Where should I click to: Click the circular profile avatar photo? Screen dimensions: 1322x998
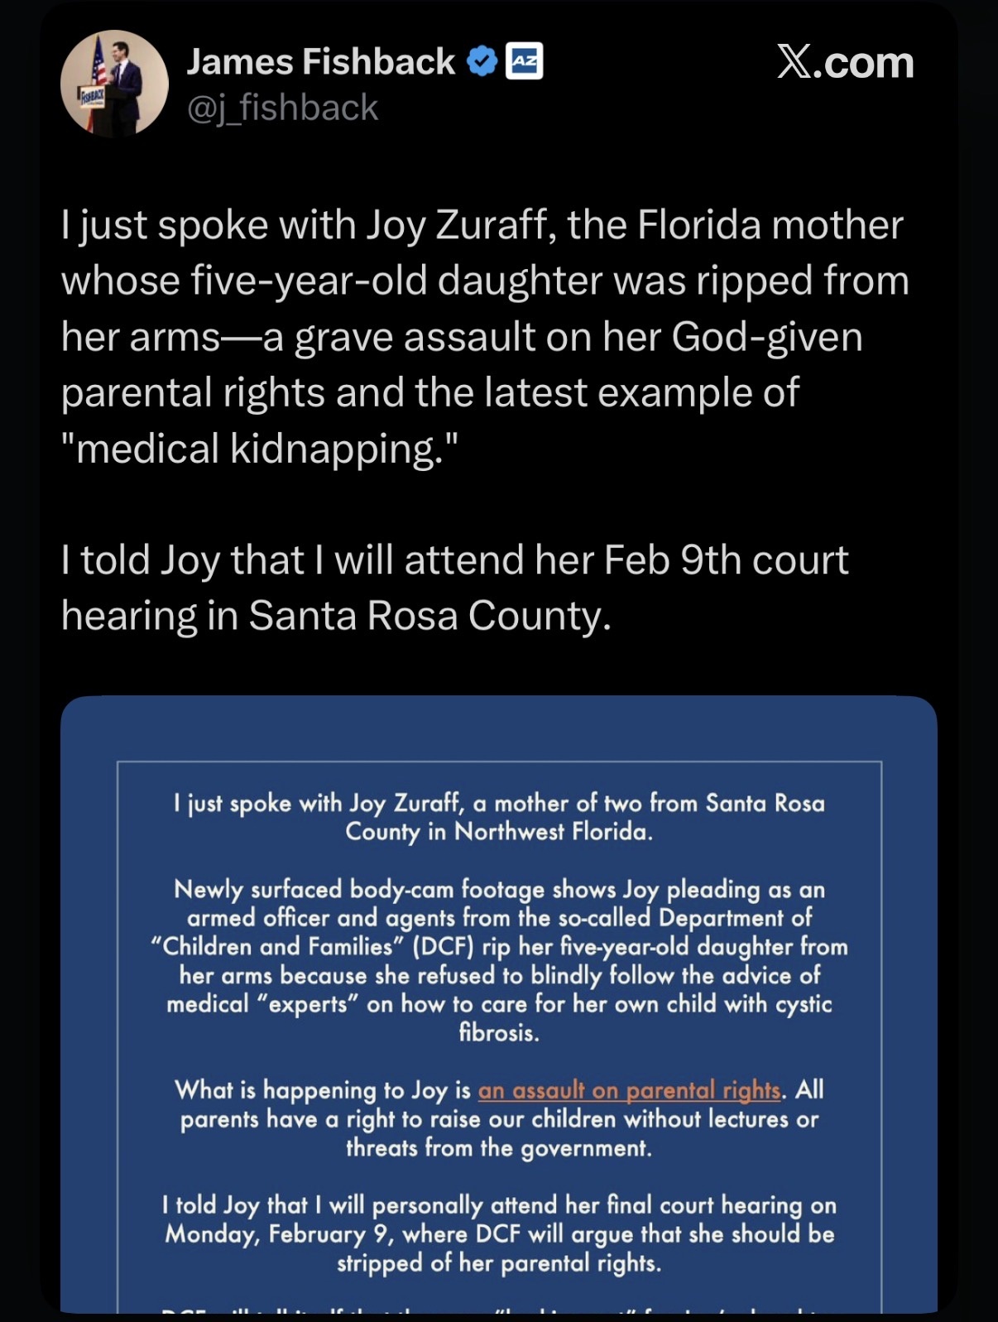point(114,83)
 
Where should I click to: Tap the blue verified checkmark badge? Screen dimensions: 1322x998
point(482,62)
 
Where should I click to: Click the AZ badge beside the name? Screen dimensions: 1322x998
point(524,61)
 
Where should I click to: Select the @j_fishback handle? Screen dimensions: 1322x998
point(282,108)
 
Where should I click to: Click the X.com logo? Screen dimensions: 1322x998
point(845,63)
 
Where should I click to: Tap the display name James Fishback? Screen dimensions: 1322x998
point(320,62)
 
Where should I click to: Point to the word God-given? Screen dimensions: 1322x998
point(767,337)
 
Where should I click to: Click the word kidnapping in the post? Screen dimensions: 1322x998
point(342,449)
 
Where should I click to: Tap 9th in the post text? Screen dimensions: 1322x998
point(710,560)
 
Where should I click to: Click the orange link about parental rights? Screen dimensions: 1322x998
point(629,1090)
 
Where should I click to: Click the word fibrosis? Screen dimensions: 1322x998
point(499,1032)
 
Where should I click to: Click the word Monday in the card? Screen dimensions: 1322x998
point(213,1234)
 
